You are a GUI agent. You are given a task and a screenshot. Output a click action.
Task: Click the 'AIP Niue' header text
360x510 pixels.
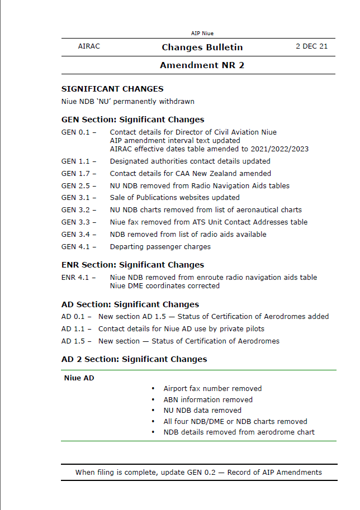click(202, 34)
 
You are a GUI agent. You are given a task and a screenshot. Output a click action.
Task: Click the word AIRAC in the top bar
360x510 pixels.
click(89, 46)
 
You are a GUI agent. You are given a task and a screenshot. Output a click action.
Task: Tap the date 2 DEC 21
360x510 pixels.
click(311, 46)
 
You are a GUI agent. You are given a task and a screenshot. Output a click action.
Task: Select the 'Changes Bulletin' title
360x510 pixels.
click(202, 47)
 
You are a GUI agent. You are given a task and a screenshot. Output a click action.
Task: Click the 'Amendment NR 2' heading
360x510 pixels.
click(202, 65)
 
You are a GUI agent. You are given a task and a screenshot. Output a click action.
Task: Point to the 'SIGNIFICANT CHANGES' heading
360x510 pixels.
click(112, 89)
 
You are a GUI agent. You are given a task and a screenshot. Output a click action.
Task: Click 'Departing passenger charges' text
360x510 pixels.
click(160, 247)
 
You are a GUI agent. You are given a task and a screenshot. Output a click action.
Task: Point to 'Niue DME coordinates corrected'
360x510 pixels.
click(165, 286)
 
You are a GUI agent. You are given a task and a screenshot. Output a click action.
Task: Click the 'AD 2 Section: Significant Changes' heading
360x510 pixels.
click(134, 359)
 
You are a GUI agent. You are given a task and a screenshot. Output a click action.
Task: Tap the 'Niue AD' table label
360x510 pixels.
click(79, 378)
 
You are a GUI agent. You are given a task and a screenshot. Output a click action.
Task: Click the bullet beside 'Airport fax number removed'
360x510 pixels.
click(153, 389)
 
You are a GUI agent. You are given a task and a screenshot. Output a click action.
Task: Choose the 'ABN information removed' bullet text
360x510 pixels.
click(208, 400)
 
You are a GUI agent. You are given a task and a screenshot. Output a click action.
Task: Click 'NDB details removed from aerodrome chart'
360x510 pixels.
click(239, 432)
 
